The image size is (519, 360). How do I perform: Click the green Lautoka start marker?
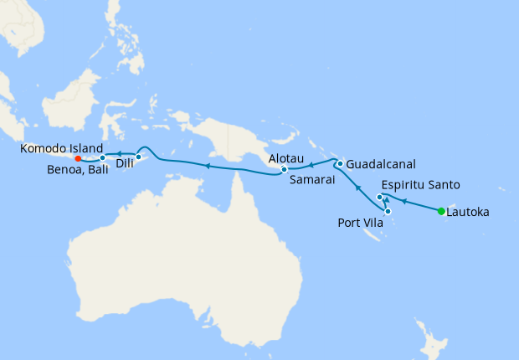pos(441,211)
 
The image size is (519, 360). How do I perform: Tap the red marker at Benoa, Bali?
pos(77,158)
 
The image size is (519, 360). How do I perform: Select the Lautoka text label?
pos(468,213)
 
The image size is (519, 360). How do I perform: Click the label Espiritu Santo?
pos(420,185)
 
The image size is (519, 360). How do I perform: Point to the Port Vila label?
pos(361,223)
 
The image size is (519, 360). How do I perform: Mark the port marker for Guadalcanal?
pos(340,163)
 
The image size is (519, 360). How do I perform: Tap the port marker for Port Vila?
pos(388,211)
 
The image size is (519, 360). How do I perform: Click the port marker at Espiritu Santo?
pos(380,198)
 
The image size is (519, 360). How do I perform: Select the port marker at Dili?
pos(138,157)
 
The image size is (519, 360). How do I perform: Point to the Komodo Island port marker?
pos(102,157)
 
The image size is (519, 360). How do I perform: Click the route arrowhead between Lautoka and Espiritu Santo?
pos(403,201)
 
